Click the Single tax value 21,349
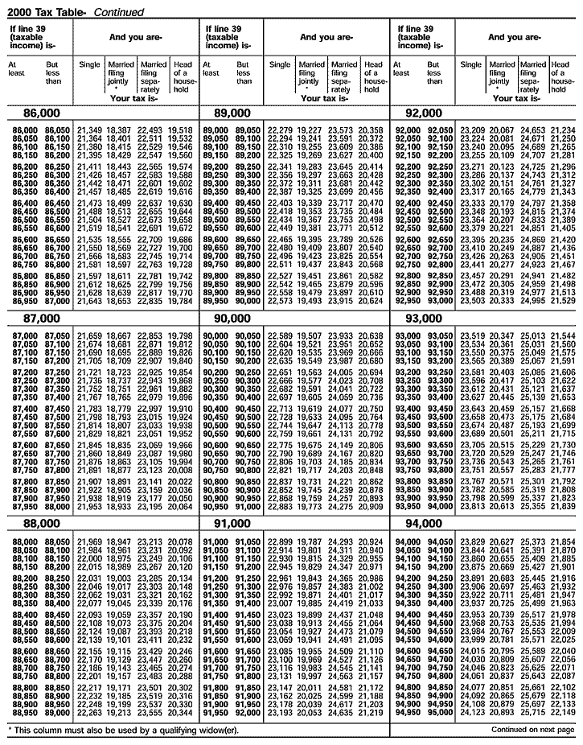[x=89, y=130]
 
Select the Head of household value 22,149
[x=564, y=713]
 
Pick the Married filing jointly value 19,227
[x=309, y=130]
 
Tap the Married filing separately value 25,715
[x=533, y=713]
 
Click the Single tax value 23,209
[x=472, y=130]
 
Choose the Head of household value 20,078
[x=181, y=541]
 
